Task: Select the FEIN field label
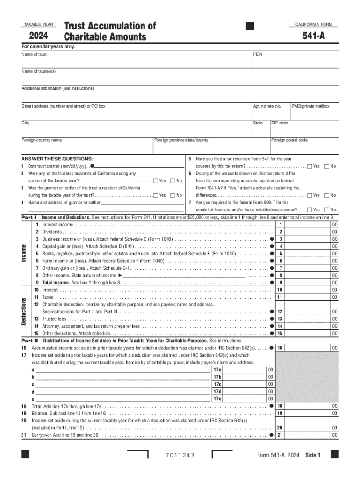point(258,54)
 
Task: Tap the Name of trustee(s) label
point(39,71)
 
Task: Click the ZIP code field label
point(280,123)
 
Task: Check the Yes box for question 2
point(156,181)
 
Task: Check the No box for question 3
point(173,195)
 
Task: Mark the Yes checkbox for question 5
point(310,166)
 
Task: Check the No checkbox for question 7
point(326,210)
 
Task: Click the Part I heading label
point(29,218)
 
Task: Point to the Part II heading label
point(29,341)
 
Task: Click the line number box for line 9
point(281,283)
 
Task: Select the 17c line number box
point(217,384)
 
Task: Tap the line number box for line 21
point(281,435)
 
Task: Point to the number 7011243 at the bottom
point(180,456)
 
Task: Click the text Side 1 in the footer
point(312,456)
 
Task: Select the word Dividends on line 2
point(52,232)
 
